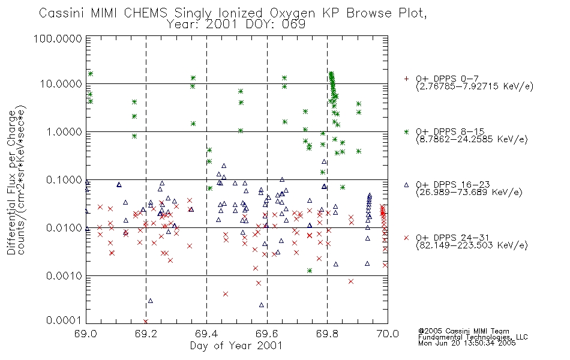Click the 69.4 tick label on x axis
(x=206, y=334)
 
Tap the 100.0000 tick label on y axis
(x=58, y=38)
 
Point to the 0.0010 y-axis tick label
(x=64, y=276)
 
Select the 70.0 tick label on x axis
(x=388, y=334)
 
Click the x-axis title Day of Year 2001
(x=236, y=346)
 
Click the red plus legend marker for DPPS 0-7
(x=406, y=79)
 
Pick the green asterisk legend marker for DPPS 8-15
(x=406, y=131)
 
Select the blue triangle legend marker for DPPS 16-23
(x=406, y=185)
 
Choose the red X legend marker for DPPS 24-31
(x=406, y=238)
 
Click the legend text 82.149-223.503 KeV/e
(x=472, y=245)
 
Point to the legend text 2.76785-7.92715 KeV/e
(x=475, y=86)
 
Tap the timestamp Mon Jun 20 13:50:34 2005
(x=467, y=343)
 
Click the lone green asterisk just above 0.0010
(x=310, y=271)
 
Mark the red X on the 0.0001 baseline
(x=146, y=322)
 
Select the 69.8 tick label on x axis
(x=327, y=334)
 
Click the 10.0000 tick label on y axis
(x=61, y=84)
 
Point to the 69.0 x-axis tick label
(x=86, y=334)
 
